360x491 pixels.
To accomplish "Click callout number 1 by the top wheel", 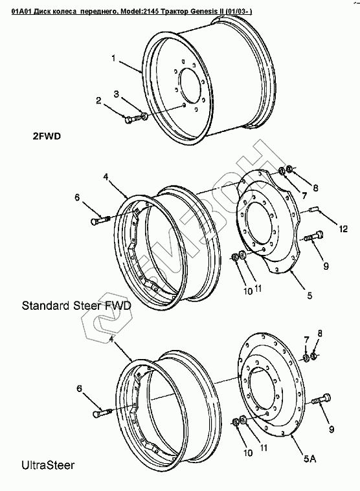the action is click(x=114, y=58).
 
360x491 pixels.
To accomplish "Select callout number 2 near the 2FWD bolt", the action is click(x=98, y=100).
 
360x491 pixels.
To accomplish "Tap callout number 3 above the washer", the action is click(x=117, y=94).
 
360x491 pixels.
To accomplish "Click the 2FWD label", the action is click(x=47, y=136).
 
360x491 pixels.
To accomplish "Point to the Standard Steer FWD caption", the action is click(x=76, y=305).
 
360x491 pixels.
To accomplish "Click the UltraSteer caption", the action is click(x=48, y=464).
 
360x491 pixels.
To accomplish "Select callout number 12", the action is click(x=343, y=229).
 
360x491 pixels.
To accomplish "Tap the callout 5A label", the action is click(x=310, y=459).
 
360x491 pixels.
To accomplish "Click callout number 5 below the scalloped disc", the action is click(x=309, y=295).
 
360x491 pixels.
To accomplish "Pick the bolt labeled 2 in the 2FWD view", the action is click(x=133, y=119).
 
